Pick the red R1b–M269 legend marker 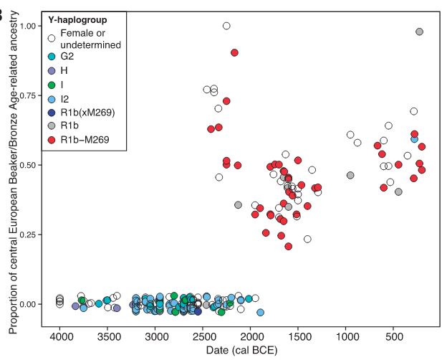[52, 140]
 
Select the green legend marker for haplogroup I [52, 84]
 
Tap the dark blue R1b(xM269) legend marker [52, 112]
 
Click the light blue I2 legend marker [52, 98]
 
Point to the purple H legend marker [52, 70]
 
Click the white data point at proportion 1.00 [226, 26]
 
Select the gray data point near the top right [420, 32]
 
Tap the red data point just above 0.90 [234, 52]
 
